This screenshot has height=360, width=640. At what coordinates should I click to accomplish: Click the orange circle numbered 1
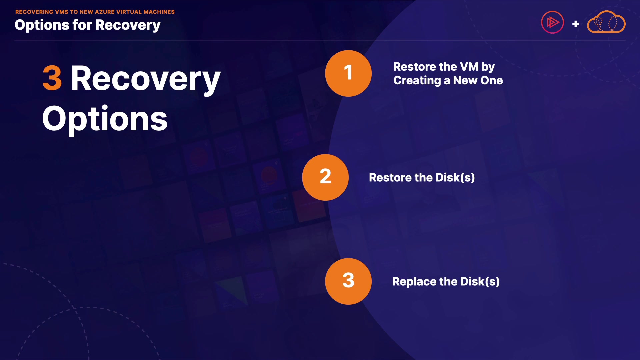pos(348,73)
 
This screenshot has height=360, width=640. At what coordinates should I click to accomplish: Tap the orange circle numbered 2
pos(325,177)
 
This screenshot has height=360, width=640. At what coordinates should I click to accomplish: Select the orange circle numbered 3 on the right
pos(348,281)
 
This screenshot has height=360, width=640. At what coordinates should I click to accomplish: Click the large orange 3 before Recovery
pos(52,78)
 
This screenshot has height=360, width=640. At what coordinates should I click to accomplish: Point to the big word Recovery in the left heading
pos(146,79)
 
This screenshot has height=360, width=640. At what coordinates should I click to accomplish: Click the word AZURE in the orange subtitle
pos(105,12)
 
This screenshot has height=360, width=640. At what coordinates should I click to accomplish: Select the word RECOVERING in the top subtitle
pos(34,12)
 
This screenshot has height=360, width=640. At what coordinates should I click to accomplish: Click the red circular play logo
pos(552,22)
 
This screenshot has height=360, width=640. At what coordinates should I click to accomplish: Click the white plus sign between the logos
pos(575,24)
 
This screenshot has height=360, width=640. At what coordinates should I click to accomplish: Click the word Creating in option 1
pos(417,81)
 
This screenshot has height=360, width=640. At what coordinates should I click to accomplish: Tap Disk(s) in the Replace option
pos(480,282)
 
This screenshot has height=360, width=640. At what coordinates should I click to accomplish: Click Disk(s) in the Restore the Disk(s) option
pos(455,178)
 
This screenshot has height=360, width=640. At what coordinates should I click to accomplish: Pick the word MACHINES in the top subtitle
pos(159,12)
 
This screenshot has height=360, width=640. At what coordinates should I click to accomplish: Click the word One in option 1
pos(492,80)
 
